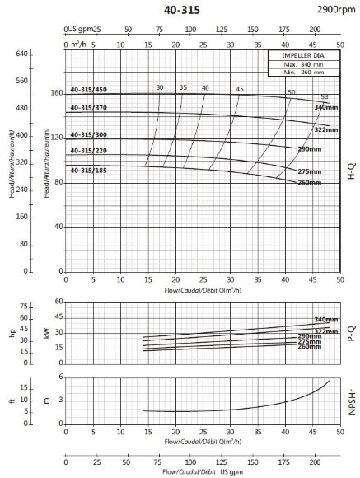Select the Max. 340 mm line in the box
click(302, 63)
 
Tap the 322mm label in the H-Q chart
click(327, 130)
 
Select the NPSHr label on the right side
click(351, 401)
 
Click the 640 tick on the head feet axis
click(22, 54)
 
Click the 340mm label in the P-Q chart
click(326, 319)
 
